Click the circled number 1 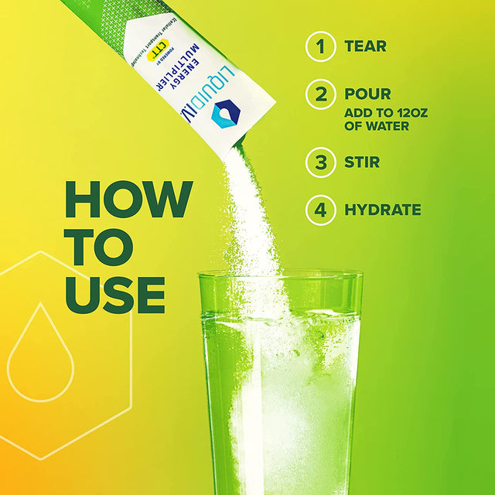click(320, 46)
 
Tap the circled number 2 click(320, 95)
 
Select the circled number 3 click(320, 162)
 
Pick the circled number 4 click(320, 210)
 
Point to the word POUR click(369, 94)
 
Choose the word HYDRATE click(384, 210)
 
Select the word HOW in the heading click(127, 199)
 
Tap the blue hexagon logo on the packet click(225, 113)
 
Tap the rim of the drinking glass click(280, 274)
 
